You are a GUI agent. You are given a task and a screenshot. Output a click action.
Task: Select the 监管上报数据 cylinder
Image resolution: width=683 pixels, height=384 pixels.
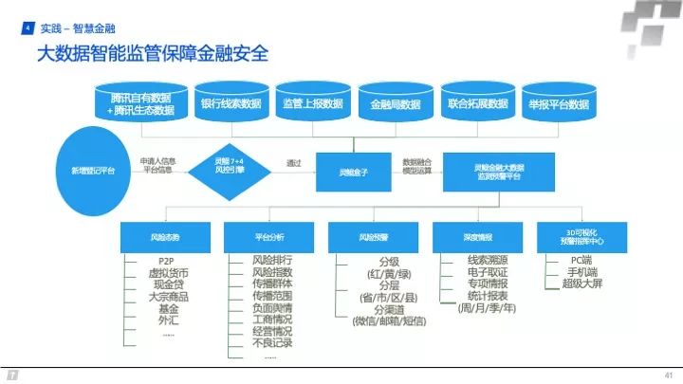[311, 103]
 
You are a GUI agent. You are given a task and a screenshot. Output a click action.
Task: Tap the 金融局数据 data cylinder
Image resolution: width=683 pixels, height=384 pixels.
[394, 103]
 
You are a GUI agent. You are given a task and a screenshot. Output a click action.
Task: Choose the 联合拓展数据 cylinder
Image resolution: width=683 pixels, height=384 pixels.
[474, 103]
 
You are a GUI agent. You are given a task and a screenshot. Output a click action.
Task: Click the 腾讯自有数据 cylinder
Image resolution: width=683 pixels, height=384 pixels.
[141, 103]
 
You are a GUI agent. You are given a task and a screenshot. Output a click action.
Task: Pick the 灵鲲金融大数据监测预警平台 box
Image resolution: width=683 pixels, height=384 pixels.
[498, 171]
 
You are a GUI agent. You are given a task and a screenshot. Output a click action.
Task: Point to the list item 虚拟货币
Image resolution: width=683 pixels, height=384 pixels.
[167, 273]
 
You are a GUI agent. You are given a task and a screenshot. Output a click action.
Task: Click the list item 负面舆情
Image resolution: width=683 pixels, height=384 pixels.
[272, 307]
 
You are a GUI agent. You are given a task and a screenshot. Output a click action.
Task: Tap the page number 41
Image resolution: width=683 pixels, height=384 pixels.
[668, 374]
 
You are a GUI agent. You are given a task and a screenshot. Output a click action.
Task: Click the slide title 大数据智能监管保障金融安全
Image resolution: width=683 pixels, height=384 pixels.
[152, 53]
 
